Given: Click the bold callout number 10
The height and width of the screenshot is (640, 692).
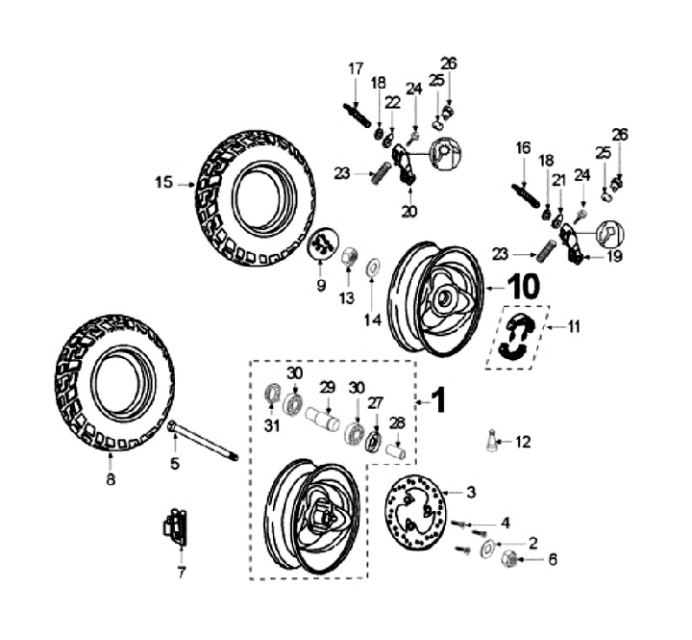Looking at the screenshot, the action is [x=524, y=286].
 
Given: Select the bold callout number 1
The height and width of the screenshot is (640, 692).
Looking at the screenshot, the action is [x=438, y=400].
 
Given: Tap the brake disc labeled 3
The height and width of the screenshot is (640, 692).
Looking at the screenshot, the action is [x=415, y=513].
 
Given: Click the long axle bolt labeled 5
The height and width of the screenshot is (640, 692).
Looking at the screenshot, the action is [x=203, y=440].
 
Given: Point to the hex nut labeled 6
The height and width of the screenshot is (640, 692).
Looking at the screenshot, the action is [x=508, y=559].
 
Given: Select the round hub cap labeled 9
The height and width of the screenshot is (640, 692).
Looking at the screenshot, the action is [x=322, y=243].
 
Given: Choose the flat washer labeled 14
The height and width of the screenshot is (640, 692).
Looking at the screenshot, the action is [x=373, y=267].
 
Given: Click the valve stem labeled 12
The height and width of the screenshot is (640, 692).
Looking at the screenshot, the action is [x=492, y=440].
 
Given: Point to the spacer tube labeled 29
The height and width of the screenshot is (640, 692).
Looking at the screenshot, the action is [x=323, y=419].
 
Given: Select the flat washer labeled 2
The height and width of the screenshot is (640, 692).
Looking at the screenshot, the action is [x=488, y=549].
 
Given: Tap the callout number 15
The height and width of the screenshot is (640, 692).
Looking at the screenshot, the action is [x=163, y=182].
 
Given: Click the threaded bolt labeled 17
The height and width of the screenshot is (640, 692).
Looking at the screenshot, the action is [x=358, y=115].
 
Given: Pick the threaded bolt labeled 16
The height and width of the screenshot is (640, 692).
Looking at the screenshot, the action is [x=526, y=195].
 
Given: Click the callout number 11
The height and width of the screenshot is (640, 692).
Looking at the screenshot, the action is [x=574, y=327].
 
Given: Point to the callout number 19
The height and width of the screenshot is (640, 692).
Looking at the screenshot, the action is [x=614, y=256].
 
